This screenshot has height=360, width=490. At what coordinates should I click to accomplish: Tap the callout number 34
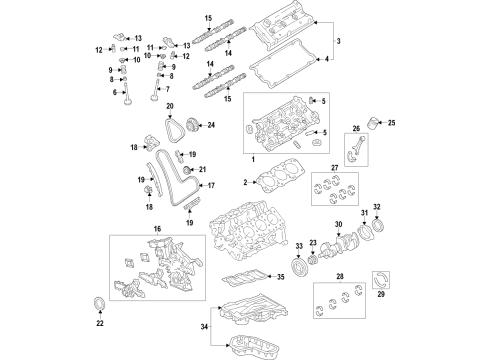click(206, 325)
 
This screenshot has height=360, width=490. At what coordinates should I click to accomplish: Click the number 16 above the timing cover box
click(156, 229)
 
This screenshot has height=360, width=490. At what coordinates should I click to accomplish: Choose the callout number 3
click(337, 41)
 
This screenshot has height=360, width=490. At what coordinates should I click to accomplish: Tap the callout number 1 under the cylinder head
click(252, 161)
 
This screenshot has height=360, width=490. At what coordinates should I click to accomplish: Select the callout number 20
click(169, 106)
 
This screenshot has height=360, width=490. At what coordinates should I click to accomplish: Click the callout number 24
click(211, 125)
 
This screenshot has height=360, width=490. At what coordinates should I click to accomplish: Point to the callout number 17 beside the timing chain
click(210, 186)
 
